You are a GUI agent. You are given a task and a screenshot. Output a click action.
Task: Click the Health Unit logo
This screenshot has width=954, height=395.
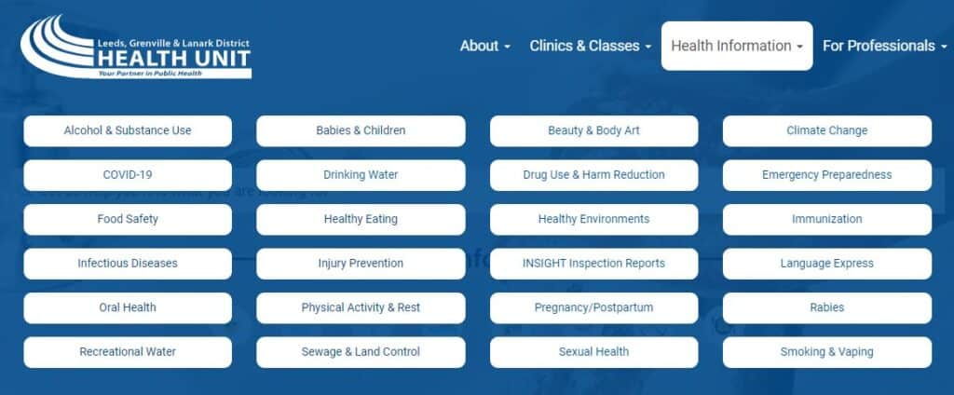click(136, 48)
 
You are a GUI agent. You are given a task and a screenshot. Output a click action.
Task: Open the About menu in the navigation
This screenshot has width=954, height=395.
click(484, 46)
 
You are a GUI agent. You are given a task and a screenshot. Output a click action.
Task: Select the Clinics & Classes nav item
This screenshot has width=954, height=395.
click(590, 46)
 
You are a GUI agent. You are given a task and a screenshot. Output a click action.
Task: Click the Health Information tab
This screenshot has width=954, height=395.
click(737, 46)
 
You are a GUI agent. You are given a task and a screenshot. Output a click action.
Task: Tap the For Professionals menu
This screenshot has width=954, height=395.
click(885, 46)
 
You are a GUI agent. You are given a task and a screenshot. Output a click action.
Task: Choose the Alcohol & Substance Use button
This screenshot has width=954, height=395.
click(128, 130)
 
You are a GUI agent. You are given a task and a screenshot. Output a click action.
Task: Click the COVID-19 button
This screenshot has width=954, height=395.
click(128, 175)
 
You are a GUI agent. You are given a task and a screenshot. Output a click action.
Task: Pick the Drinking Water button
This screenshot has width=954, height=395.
click(361, 175)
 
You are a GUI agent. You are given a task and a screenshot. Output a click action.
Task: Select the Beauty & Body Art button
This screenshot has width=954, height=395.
click(593, 130)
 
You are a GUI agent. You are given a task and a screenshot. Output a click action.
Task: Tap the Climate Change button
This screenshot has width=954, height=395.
click(827, 130)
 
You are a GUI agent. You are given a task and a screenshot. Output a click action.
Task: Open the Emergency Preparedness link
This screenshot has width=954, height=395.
click(827, 175)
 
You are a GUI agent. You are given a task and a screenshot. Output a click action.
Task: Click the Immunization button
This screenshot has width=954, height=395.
click(827, 219)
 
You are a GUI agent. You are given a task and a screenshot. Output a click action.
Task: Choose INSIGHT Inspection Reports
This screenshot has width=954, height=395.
click(593, 264)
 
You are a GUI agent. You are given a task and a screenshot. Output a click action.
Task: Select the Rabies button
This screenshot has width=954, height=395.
click(827, 308)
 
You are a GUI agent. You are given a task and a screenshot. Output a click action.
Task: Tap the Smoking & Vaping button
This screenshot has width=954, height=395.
click(827, 352)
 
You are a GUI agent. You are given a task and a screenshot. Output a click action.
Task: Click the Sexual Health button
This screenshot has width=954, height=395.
click(593, 352)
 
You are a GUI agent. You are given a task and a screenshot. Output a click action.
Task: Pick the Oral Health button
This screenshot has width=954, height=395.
click(128, 308)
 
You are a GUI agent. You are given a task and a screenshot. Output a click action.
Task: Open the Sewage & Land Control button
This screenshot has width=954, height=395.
click(361, 352)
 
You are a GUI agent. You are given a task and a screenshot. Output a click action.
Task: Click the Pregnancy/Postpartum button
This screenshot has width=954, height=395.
click(593, 308)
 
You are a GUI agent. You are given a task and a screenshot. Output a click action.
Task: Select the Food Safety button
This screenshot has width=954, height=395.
click(128, 219)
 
